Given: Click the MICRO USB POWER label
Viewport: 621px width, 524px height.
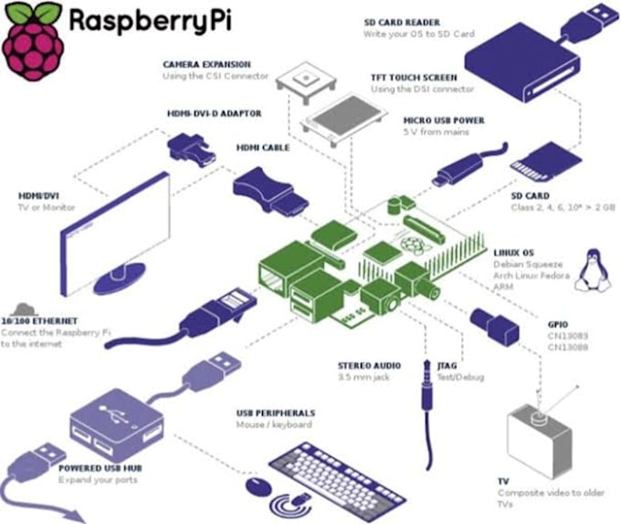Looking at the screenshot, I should [x=444, y=120].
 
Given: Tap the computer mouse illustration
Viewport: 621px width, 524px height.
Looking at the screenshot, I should [x=261, y=485].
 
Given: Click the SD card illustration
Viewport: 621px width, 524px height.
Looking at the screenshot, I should [x=538, y=163].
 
